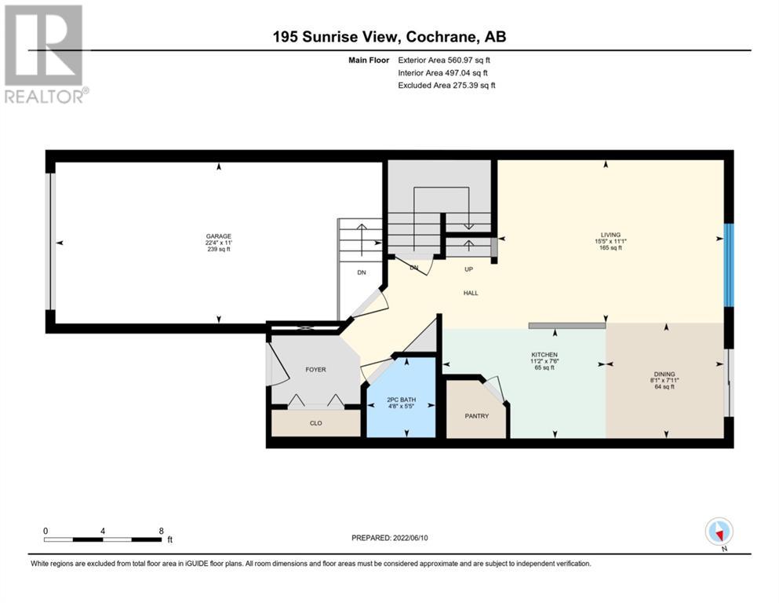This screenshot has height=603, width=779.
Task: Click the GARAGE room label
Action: pos(219,236)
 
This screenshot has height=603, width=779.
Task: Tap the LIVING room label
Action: pos(610,235)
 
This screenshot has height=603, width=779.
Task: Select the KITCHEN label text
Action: pos(544,354)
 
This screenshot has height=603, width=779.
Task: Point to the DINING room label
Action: pos(664,374)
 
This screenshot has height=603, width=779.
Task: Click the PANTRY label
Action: pos(477,415)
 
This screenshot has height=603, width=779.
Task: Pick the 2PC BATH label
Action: pos(402,400)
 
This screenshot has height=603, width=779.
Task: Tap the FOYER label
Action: pos(315,369)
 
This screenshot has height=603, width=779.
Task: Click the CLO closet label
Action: pos(316,423)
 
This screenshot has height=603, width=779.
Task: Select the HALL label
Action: pos(471,293)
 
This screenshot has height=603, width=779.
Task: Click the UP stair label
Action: pos(468,269)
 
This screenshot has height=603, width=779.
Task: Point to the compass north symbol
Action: pos(719,532)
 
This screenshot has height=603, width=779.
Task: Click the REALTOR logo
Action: pos(46,53)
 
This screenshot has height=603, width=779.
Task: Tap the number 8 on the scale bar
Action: pos(161,531)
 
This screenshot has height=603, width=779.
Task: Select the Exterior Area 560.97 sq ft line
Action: pos(444,60)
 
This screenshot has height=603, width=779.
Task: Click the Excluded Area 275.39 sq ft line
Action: pos(446,85)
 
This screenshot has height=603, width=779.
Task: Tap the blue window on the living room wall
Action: pos(728,265)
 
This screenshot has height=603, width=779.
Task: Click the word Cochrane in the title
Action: pos(437,37)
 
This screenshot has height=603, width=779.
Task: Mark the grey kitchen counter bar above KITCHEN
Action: pos(567,326)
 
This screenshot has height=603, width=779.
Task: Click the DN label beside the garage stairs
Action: pos(362,272)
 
